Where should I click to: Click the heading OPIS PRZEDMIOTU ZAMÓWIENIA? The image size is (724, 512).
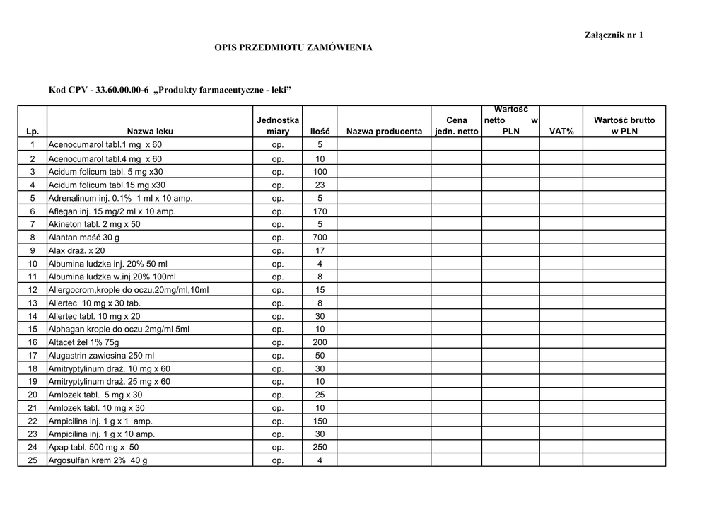[x=293, y=47]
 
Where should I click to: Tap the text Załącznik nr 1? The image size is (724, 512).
[x=614, y=35]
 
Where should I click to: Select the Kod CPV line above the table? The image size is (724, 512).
[x=170, y=90]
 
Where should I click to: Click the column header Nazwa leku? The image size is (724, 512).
[x=150, y=131]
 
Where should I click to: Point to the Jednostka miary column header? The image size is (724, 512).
[x=278, y=125]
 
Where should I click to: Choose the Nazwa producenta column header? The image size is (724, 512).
[x=385, y=131]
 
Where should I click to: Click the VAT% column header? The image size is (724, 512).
[x=561, y=131]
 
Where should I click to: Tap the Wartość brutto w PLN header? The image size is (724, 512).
[x=624, y=125]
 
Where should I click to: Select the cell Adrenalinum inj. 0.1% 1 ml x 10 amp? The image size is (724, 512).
[x=120, y=198]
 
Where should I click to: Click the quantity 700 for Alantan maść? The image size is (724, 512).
[x=320, y=238]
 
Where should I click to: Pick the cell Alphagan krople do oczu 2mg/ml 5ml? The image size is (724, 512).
[x=119, y=329]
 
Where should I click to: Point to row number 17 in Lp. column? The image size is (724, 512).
[x=33, y=355]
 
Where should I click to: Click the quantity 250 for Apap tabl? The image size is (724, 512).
[x=320, y=447]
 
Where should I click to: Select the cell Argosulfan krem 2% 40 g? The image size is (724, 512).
[x=98, y=460]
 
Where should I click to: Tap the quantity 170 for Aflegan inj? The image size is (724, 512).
[x=320, y=211]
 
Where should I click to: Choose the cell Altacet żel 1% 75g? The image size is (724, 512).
[x=83, y=342]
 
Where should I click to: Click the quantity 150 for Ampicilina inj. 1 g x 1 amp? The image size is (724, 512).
[x=320, y=421]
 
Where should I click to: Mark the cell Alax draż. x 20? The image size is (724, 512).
[x=76, y=250]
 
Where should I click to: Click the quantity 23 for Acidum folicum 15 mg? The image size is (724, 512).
[x=320, y=185]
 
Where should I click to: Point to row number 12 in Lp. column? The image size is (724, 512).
[x=33, y=289]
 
